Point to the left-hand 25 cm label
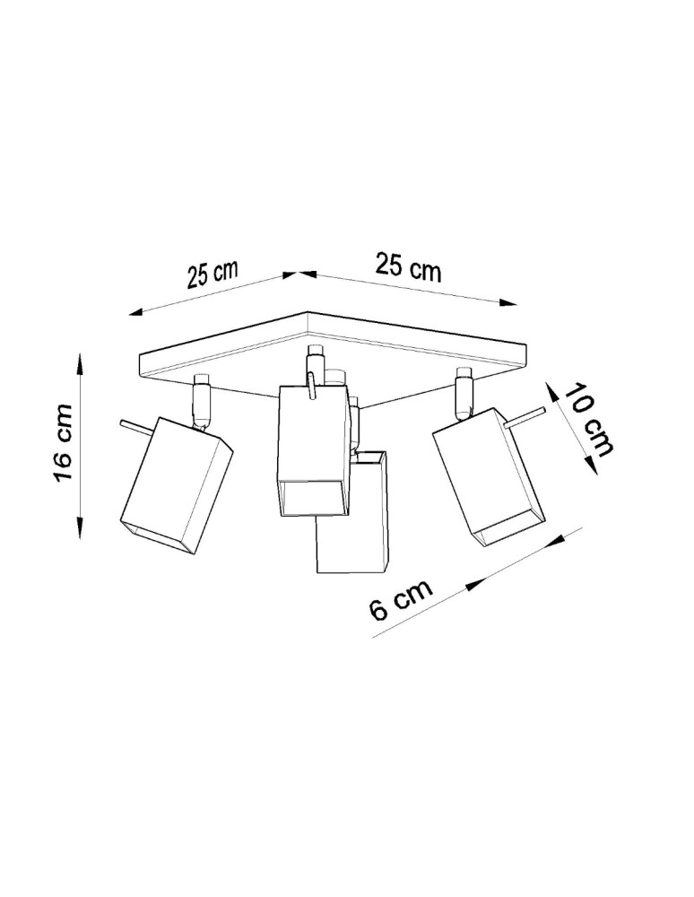pos(213,273)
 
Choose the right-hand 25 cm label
pos(408,267)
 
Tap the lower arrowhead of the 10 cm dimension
pos(589,466)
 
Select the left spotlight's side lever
pos(132,425)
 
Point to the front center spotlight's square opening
pos(310,498)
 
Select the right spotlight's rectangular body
pos(487,473)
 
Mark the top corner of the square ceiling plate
pos(308,313)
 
